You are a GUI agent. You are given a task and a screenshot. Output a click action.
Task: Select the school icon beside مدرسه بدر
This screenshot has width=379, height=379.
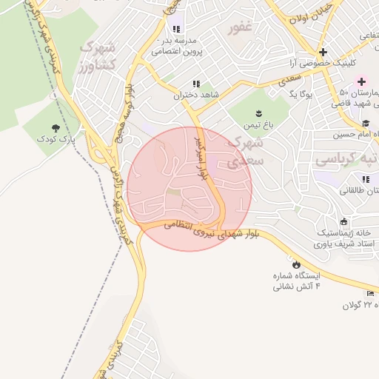pos(176,30)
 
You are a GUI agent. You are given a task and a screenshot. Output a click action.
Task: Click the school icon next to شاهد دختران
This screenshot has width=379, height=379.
pos(196,84)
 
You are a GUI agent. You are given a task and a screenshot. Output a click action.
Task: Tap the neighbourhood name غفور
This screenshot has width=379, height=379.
pos(241,29)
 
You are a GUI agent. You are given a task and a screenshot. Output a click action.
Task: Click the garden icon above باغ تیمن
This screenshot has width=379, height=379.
pos(258,113)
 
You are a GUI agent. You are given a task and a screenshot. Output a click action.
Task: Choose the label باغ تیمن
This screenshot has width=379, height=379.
pos(261,125)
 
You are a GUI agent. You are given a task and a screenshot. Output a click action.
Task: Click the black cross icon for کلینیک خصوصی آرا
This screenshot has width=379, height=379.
pos(323,52)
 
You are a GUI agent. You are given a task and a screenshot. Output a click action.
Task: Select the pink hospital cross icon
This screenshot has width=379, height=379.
pos(362,81)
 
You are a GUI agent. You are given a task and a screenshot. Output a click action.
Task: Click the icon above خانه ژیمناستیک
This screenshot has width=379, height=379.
pos(343,222)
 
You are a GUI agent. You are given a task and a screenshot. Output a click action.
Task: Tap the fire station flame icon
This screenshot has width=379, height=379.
pos(297,264)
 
